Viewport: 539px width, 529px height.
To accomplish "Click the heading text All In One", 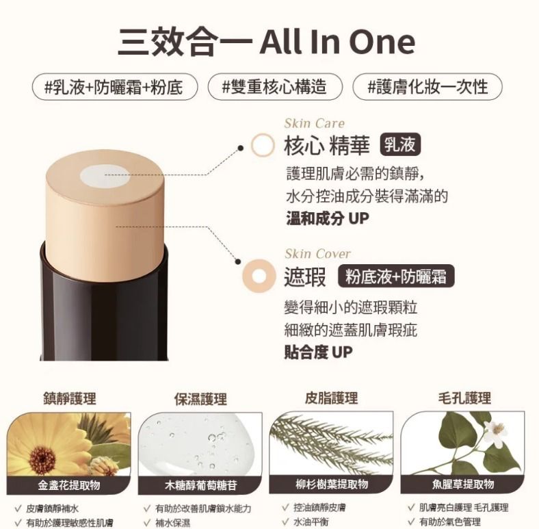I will [337, 41].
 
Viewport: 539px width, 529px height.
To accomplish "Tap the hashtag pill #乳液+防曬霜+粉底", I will [114, 87].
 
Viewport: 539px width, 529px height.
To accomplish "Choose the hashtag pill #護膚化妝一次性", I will [428, 87].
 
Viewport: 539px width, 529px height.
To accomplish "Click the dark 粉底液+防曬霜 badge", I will [396, 276].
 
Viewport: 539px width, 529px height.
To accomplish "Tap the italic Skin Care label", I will [315, 123].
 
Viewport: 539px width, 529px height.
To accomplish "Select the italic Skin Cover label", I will [317, 254].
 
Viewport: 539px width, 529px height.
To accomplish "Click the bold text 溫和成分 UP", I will [327, 218].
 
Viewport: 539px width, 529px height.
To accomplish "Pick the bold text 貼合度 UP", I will [318, 352].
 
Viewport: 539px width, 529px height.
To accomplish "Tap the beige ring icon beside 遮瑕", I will [260, 277].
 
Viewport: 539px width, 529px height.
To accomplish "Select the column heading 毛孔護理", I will [464, 398].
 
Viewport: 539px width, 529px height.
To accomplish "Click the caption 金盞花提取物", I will [69, 485].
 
